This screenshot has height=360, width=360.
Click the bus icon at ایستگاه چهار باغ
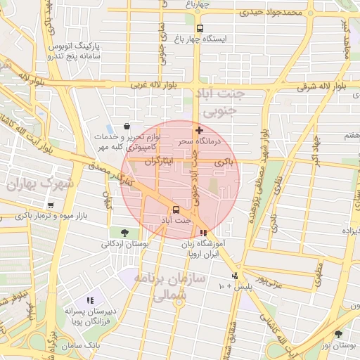(200, 29)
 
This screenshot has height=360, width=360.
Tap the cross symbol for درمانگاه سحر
(200, 130)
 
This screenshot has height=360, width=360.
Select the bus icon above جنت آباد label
(175, 209)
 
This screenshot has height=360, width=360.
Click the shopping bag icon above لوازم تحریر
(126, 126)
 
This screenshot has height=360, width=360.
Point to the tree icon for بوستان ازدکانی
(124, 233)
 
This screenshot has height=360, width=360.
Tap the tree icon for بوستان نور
(339, 334)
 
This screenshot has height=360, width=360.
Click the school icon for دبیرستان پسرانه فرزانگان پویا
(89, 300)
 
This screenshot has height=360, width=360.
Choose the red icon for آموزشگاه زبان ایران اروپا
(203, 233)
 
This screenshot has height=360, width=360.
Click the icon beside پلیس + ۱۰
(235, 276)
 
